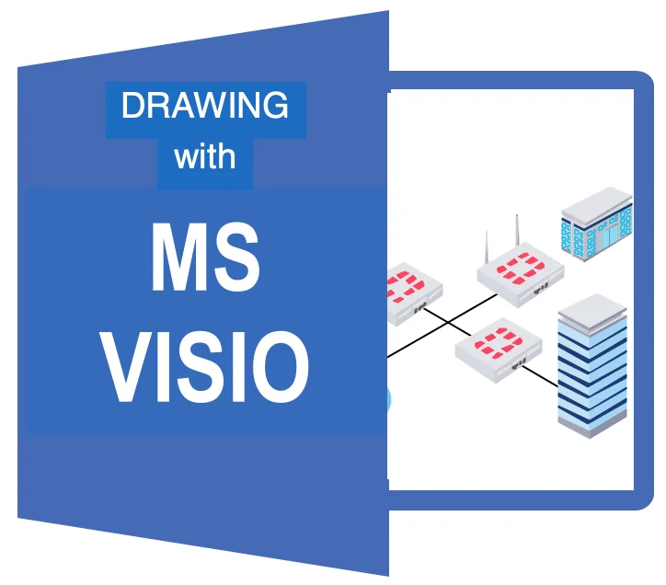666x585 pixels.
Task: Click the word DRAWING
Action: (204, 107)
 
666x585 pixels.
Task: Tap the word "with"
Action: (204, 156)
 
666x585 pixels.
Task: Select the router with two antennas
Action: (519, 276)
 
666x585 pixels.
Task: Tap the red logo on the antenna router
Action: (519, 268)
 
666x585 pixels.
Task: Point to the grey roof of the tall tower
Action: (593, 308)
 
